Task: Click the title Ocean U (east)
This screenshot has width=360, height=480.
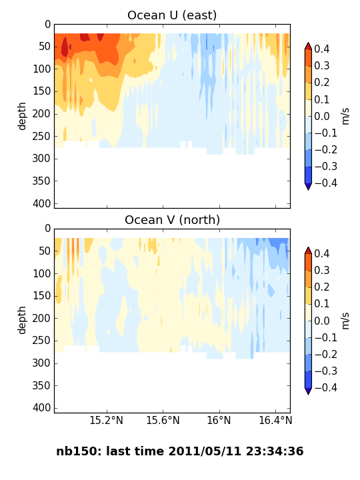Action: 172,15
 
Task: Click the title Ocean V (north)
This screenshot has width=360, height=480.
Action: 173,220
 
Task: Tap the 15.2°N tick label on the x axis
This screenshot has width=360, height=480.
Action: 106,420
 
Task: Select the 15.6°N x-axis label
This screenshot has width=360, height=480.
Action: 163,420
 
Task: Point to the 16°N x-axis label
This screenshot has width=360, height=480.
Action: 219,420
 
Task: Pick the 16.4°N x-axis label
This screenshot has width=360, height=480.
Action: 275,420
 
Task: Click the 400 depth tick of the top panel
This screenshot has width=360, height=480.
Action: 41,203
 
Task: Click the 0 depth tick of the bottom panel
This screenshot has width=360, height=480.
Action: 48,229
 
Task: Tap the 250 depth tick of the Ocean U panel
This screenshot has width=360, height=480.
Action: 41,136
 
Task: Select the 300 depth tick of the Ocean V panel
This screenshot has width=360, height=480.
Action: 41,363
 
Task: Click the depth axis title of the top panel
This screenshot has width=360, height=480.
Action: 21,116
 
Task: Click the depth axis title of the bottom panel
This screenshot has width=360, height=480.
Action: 21,320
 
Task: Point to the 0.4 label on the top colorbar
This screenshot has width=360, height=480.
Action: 322,49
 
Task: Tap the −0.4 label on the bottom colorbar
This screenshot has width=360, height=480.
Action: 326,387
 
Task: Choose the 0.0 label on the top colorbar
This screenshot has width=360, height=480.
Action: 322,116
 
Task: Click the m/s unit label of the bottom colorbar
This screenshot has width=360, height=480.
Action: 345,321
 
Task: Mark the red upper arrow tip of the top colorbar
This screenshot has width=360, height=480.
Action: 308,43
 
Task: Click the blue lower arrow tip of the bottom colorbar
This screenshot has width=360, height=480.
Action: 308,394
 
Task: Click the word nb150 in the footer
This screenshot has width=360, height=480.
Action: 77,451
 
